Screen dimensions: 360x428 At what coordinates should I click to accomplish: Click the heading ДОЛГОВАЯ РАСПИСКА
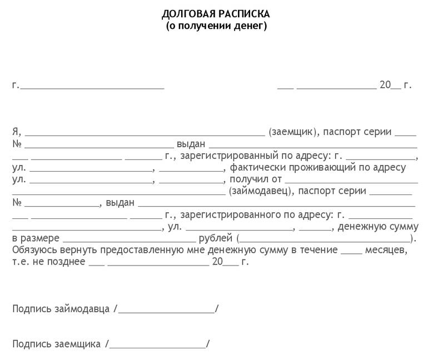216,13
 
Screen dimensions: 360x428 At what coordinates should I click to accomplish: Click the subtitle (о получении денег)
216,26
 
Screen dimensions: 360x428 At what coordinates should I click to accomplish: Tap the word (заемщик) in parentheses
292,132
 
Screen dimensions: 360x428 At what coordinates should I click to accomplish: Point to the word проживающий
321,168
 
